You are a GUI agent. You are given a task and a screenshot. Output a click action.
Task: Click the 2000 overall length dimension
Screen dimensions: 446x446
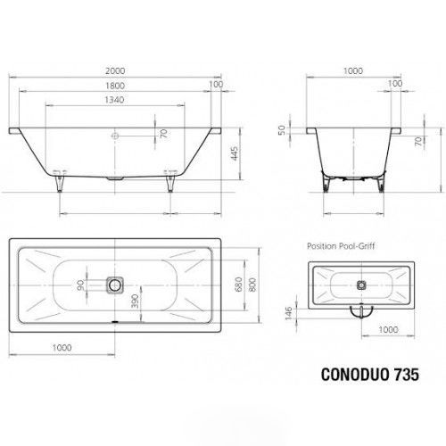[115, 71]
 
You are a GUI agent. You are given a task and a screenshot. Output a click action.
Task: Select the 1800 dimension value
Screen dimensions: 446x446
[115, 86]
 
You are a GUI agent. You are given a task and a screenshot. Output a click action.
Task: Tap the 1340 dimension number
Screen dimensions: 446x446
[114, 100]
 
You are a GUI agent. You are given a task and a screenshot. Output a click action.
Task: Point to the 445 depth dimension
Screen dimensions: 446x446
[235, 153]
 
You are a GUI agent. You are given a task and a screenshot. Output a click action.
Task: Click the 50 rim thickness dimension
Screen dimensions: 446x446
[282, 130]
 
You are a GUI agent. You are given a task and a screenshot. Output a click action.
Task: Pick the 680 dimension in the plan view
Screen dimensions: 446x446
[238, 285]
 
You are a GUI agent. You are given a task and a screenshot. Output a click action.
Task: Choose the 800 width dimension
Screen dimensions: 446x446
[252, 285]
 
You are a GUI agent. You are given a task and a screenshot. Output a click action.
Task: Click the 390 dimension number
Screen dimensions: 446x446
[135, 301]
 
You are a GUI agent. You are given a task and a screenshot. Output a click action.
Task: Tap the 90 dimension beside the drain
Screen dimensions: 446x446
[80, 285]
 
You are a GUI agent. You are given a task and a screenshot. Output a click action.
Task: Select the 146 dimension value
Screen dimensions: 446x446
[289, 313]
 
